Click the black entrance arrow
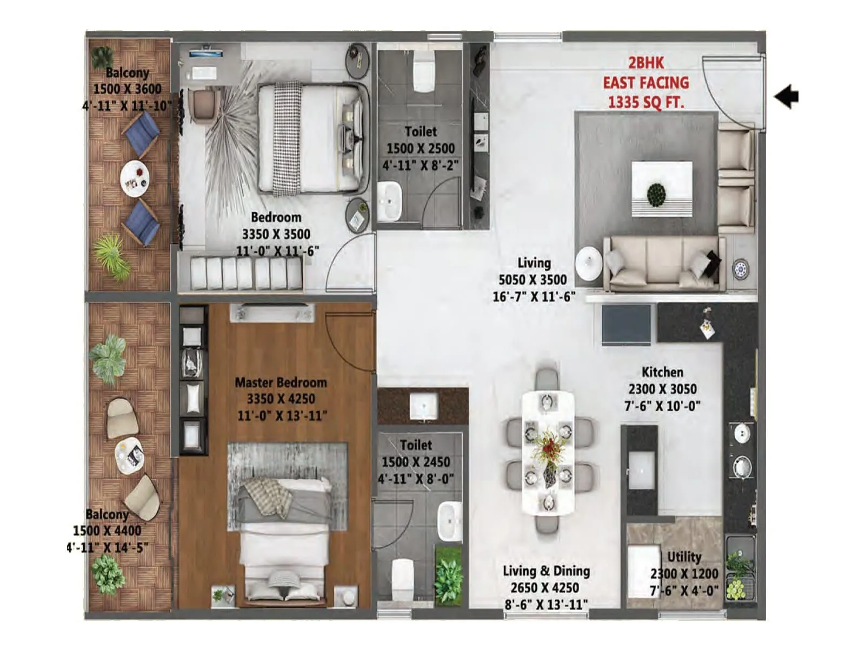pos(787,97)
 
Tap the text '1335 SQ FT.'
pos(646,102)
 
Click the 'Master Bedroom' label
pos(281,382)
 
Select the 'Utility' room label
pos(684,557)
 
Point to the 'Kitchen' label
pos(662,372)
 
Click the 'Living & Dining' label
pos(546,571)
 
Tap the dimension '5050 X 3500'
pos(533,280)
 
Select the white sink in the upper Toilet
pos(389,201)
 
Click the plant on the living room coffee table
pos(656,194)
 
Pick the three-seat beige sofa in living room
pos(664,263)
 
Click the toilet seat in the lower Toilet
pos(402,579)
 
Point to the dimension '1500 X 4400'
pos(107,531)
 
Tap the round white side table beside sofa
pos(588,263)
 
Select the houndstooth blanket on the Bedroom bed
pos(287,138)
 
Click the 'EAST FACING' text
pos(646,83)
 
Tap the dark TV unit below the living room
pos(627,323)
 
